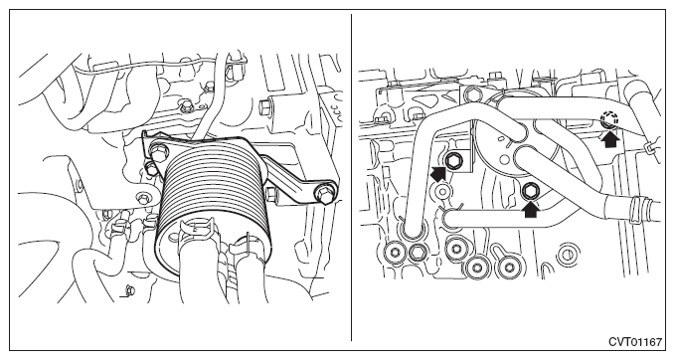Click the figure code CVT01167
coord(635,342)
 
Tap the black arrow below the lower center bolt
coord(531,209)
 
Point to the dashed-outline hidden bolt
coord(609,118)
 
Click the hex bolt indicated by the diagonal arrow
coord(453,161)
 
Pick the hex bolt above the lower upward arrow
coord(529,190)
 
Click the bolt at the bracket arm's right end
coord(325,193)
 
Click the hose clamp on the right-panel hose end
coord(635,209)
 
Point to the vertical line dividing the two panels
coord(351,177)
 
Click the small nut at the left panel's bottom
coord(127,290)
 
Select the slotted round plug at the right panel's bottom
coord(566,255)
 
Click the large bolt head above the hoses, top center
coord(472,92)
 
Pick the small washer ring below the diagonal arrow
coord(440,190)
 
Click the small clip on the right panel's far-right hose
coord(649,148)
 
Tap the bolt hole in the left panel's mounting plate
coord(142,198)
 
